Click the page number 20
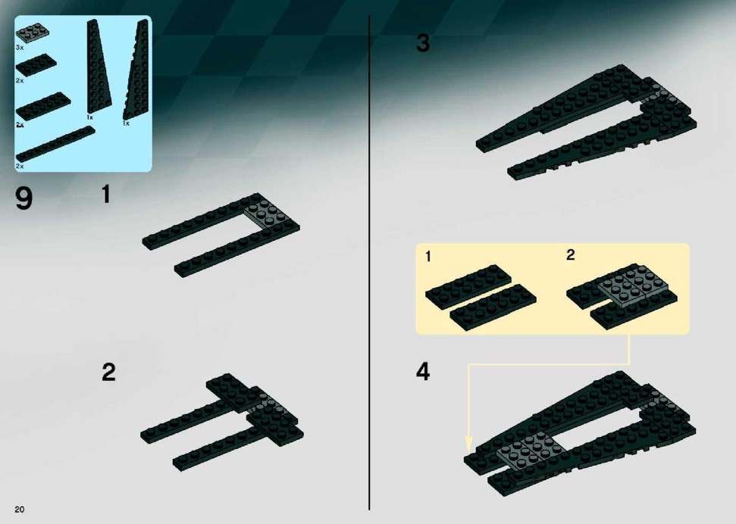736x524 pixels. tap(19, 510)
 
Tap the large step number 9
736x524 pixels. tap(24, 198)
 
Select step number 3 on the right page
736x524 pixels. tap(422, 43)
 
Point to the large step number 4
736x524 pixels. tap(423, 371)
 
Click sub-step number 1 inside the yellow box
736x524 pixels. tap(428, 257)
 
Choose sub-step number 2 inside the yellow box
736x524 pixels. tap(570, 254)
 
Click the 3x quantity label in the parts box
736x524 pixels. tap(19, 48)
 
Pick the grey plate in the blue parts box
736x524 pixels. tap(33, 32)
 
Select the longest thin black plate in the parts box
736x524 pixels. tap(55, 144)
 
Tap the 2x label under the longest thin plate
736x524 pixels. tap(19, 166)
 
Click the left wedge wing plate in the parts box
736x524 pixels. tap(99, 67)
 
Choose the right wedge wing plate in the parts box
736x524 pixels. tap(136, 70)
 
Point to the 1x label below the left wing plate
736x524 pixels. tap(89, 117)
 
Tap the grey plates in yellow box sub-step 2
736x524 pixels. tap(634, 286)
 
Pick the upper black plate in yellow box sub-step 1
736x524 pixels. tap(468, 285)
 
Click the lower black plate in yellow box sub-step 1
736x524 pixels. tap(493, 307)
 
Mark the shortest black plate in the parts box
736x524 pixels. tap(36, 64)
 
